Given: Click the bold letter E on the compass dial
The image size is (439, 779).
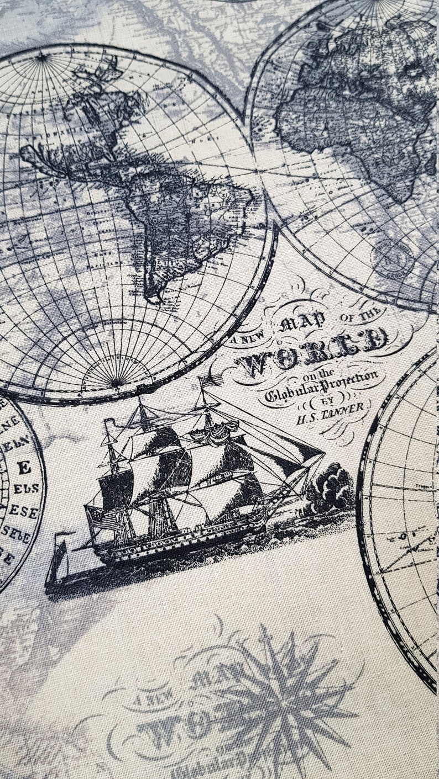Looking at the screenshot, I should point(24,468).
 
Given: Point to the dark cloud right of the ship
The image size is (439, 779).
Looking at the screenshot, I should point(331,488).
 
